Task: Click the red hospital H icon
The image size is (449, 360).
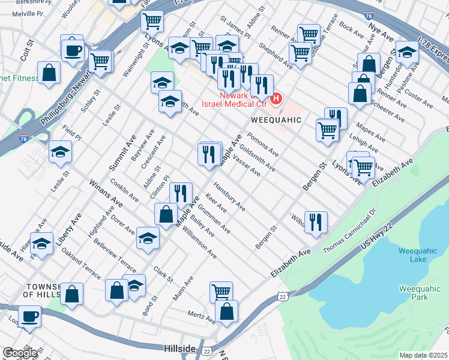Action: coord(277,98)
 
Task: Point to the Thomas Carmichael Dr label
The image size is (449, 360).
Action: coord(349,230)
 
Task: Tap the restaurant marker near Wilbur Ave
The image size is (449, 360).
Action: coord(316,221)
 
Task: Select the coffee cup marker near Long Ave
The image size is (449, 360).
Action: coord(29,316)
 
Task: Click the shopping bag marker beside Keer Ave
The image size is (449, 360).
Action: coord(166,213)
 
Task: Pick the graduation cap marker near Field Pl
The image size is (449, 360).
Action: coord(60,152)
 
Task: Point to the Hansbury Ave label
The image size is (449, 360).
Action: coord(229,197)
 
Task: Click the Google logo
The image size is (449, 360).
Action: coord(20,353)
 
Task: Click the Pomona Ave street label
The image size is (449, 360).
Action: coord(262,143)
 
